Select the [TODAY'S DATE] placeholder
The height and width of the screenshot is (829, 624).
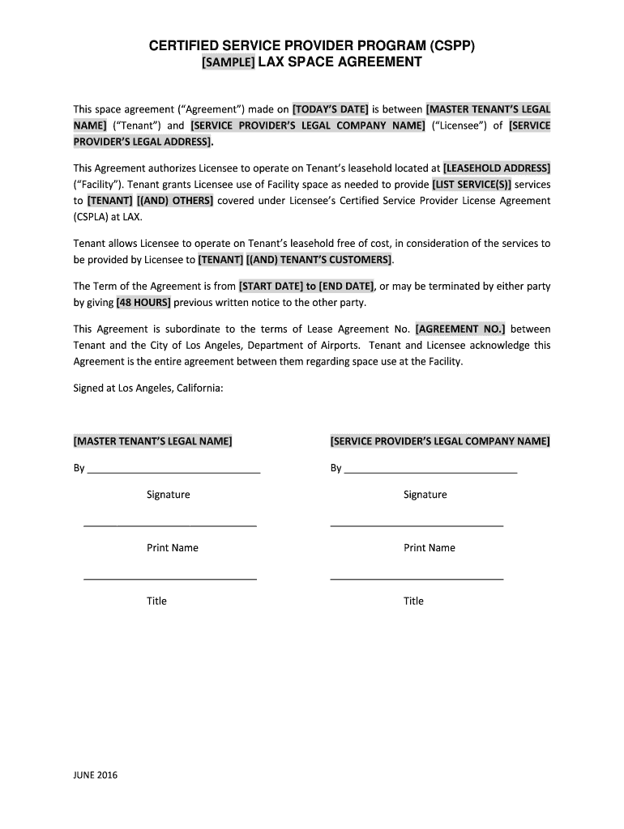coord(330,109)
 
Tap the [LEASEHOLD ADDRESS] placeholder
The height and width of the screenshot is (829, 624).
coord(497,168)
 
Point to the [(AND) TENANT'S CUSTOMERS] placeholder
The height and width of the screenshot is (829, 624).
coord(318,260)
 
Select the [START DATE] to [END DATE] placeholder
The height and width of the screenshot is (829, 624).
coord(306,287)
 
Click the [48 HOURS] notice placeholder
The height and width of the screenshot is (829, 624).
coord(143,303)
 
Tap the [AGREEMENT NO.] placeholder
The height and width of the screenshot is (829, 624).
coord(460,329)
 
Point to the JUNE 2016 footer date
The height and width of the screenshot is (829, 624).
coord(96,776)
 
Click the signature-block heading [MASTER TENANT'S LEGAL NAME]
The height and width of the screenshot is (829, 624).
coord(153,441)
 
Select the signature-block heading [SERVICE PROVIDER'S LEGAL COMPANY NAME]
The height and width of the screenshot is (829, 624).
coord(440,441)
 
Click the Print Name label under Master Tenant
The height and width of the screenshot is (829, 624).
coord(173,548)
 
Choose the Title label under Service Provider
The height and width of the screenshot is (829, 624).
coord(413,602)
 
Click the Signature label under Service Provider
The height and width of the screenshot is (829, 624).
coord(425,495)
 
